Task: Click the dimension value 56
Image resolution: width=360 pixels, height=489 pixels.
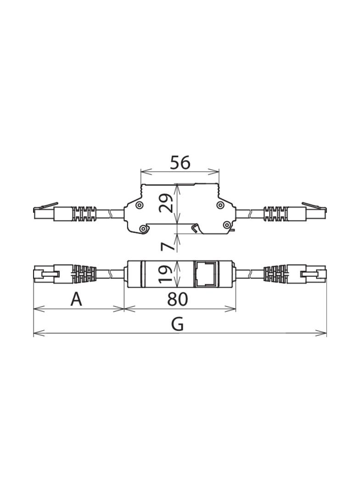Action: tap(180, 162)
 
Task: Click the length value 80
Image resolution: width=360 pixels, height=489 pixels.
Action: tap(178, 299)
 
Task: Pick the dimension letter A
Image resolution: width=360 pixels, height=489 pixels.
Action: tap(76, 300)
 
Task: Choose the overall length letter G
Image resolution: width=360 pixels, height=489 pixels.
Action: tap(177, 324)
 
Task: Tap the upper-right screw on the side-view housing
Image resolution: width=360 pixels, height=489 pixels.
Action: tap(220, 205)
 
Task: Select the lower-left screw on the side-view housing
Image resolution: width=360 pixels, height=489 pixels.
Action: tap(144, 228)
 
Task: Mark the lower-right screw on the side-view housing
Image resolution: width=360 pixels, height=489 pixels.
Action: tap(226, 224)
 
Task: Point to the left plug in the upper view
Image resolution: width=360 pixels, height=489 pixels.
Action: tap(45, 212)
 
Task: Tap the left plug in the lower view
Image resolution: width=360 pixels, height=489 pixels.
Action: tap(45, 274)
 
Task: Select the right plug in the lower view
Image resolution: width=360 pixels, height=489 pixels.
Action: tap(314, 274)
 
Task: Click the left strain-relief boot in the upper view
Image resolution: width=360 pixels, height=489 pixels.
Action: tap(85, 214)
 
